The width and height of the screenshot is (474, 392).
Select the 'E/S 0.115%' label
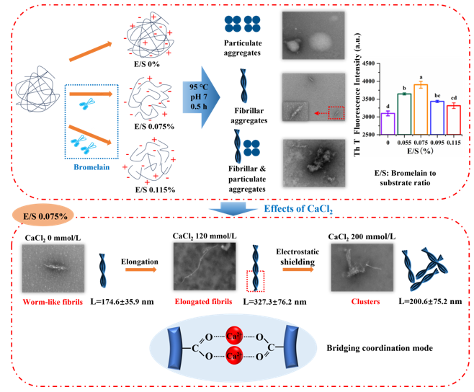(x=149, y=190)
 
